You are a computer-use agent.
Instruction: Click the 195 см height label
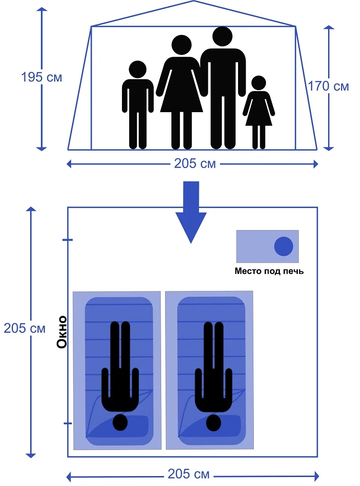(41, 77)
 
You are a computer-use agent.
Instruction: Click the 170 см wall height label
(328, 86)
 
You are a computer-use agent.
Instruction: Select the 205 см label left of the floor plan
(25, 328)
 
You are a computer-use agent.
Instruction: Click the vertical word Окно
(62, 332)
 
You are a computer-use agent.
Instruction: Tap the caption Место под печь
(269, 271)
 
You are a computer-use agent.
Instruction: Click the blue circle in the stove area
(283, 246)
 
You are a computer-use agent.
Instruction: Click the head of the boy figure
(138, 70)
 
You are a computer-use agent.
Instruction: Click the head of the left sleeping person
(120, 422)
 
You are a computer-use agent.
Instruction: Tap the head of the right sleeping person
(213, 422)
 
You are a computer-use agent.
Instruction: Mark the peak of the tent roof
(193, 1)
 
